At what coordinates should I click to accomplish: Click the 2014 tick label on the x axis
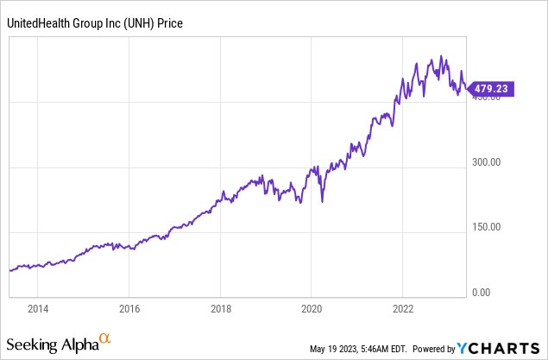click(38, 307)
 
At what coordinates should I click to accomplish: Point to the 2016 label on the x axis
click(129, 307)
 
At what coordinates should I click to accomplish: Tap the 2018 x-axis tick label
click(221, 307)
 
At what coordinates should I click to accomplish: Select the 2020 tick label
click(312, 307)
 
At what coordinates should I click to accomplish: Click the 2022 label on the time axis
click(404, 307)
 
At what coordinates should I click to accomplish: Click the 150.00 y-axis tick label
click(486, 228)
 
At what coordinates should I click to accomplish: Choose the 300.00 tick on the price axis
click(486, 162)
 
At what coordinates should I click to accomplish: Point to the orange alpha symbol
click(105, 338)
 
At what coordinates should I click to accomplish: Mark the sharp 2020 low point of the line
click(322, 202)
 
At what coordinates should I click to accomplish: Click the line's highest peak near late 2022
click(441, 57)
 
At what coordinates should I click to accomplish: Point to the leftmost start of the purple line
click(9, 270)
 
